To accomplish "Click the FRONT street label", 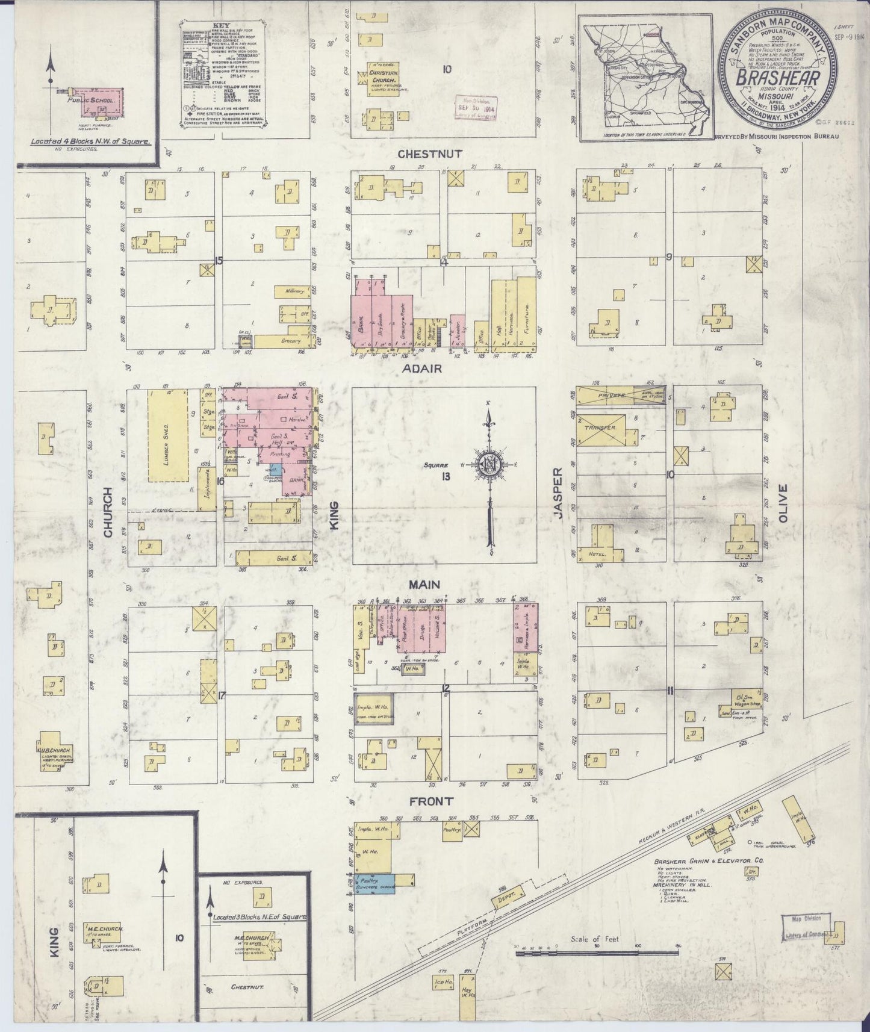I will (430, 801).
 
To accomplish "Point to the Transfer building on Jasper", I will (601, 427).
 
